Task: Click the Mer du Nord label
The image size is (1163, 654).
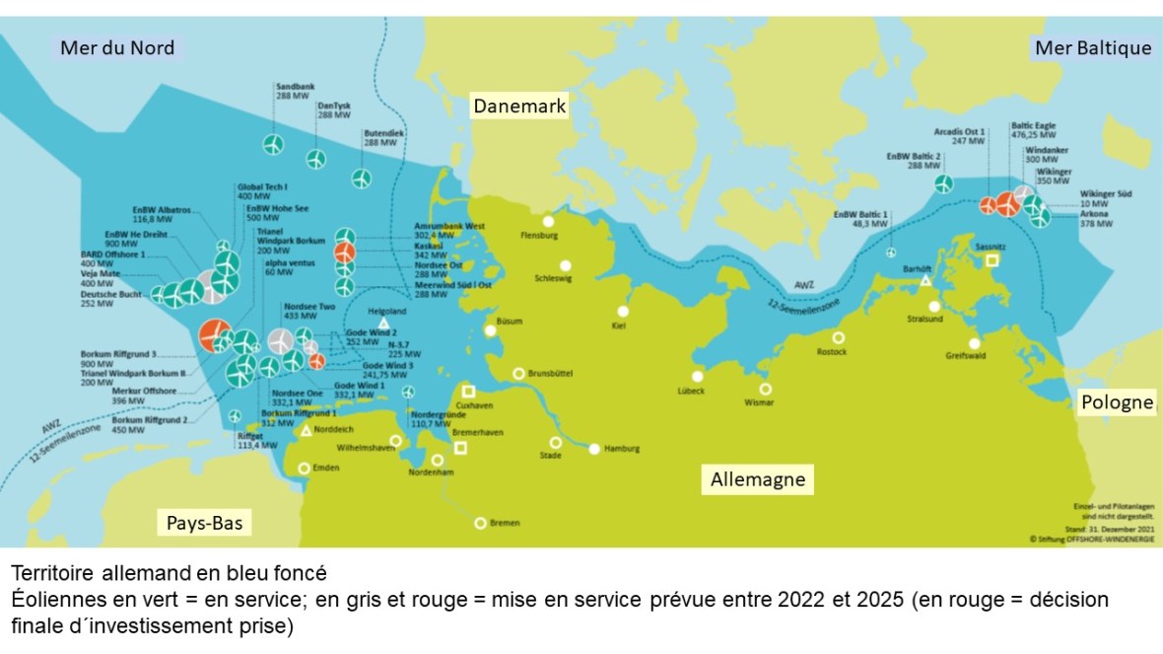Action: pos(117,47)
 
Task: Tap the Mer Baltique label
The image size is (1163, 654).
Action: pos(1092,47)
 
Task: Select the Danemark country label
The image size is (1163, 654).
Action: pos(519,107)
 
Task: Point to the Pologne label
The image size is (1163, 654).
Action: pos(1117,402)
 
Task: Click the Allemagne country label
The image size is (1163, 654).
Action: pos(758,480)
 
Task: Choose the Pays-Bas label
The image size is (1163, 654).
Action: pos(202,522)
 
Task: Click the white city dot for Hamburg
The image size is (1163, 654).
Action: pos(594,449)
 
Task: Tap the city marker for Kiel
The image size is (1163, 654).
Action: pos(623,310)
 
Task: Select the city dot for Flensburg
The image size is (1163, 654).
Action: pos(548,221)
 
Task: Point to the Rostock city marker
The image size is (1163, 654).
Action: pos(838,337)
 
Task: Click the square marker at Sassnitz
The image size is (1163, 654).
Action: pos(992,259)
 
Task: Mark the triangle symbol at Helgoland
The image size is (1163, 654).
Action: pos(383,323)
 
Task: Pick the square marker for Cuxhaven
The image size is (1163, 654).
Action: pos(469,391)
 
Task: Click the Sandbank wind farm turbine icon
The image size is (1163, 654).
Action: pos(273,144)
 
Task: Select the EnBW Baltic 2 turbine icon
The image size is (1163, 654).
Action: pos(943,183)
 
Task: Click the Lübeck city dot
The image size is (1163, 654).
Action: pos(697,376)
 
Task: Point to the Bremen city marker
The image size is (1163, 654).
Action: pos(480,523)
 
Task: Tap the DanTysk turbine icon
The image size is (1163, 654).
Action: pos(315,159)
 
